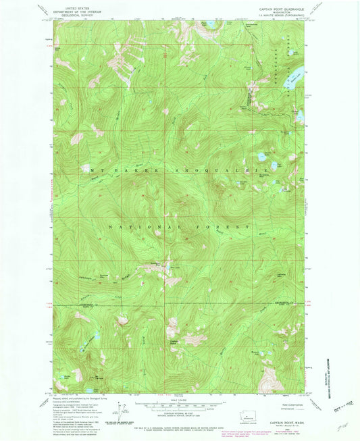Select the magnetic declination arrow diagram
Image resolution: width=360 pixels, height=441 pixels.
pyautogui.click(x=120, y=409)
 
